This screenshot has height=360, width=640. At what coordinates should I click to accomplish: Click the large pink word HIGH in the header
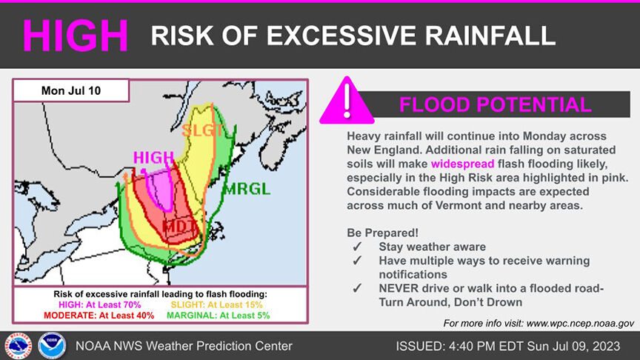76,34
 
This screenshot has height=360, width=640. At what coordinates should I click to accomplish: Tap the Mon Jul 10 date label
72,90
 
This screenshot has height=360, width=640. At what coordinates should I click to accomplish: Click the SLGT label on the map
202,130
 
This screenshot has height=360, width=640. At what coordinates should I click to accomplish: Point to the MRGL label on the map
247,188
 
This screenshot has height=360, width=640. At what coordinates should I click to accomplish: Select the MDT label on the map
179,225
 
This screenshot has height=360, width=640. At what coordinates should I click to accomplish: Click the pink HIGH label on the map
153,158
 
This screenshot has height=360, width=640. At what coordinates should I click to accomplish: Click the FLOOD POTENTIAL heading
495,104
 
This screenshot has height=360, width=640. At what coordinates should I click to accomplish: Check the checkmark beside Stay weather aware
357,247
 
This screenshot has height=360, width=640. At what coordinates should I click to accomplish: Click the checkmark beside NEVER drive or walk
357,288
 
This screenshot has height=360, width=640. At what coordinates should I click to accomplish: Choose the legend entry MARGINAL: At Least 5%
219,316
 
